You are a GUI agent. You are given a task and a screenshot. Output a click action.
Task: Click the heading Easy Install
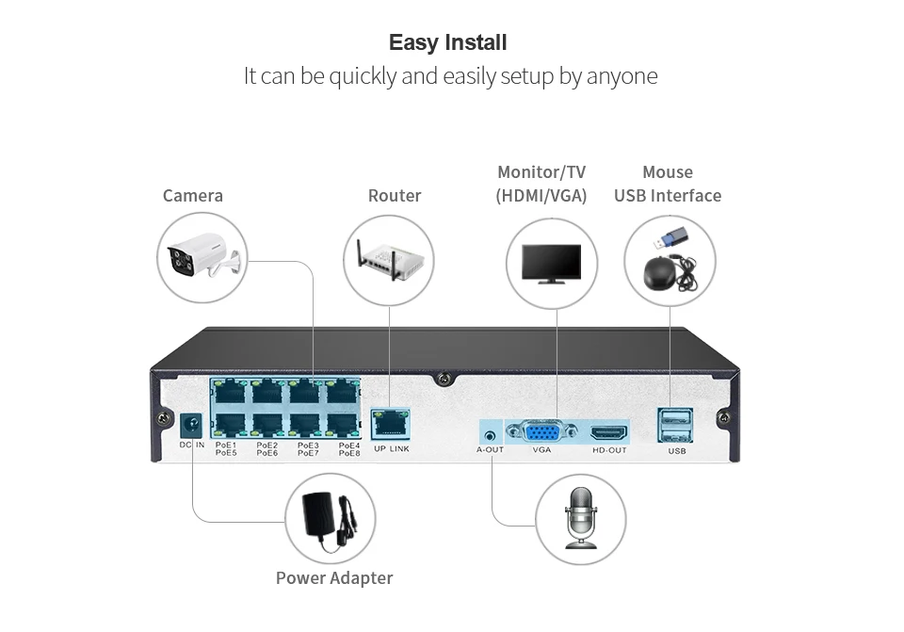[x=447, y=42]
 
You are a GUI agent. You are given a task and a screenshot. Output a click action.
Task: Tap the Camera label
[x=193, y=196]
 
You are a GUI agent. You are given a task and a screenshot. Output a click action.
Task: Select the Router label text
[x=395, y=196]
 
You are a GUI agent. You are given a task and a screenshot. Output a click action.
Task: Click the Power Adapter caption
[x=334, y=578]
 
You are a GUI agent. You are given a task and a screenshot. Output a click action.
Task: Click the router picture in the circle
[x=389, y=258]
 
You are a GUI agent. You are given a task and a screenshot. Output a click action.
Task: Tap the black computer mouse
[x=664, y=272]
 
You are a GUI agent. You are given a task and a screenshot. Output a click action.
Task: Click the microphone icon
[x=580, y=517]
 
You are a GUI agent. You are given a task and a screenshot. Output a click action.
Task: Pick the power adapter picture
[x=329, y=518]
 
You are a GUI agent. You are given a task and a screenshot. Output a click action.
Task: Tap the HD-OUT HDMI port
[x=609, y=434]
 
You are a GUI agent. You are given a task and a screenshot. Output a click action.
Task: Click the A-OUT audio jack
[x=490, y=435]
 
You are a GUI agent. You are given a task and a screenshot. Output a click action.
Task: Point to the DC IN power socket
[x=193, y=424]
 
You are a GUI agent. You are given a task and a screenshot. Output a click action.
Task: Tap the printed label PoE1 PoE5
[x=226, y=449]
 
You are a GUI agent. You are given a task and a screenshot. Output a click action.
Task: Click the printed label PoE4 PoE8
[x=349, y=449]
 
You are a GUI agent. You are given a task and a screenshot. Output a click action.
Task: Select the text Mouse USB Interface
[x=668, y=185]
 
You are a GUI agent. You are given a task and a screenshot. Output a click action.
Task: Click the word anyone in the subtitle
[x=621, y=76]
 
